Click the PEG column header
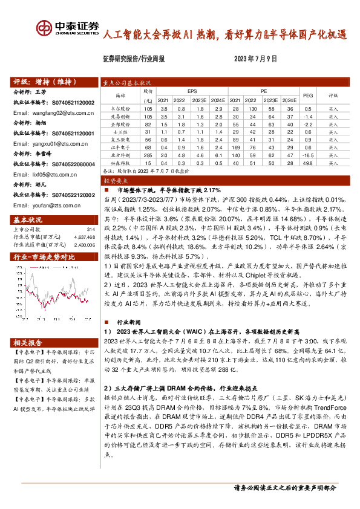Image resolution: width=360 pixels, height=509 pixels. click(307, 96)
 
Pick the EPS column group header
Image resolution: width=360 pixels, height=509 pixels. click(192, 89)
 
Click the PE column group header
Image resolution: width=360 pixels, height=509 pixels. click(264, 89)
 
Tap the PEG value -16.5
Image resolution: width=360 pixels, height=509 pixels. click(307, 155)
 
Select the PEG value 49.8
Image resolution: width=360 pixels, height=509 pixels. click(307, 163)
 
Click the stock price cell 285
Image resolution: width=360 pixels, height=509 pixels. click(147, 155)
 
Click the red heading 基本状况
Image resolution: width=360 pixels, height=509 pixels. click(26, 219)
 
